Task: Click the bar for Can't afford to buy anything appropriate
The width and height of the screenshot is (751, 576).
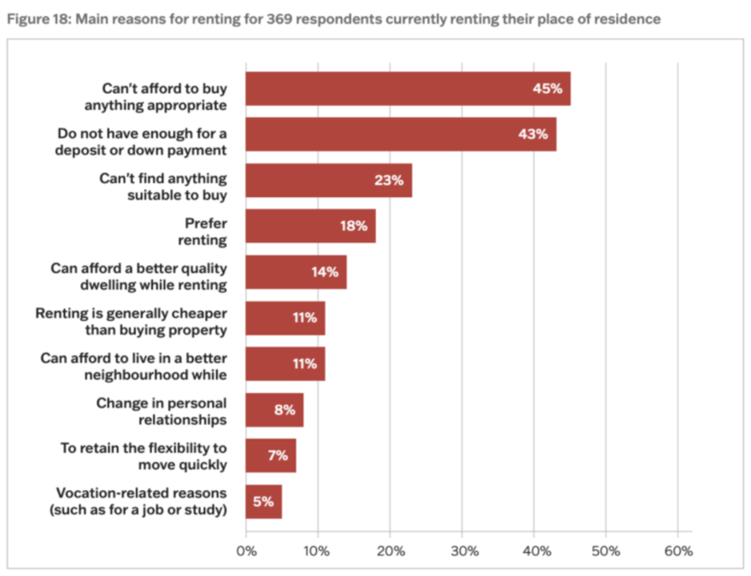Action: pos(384,89)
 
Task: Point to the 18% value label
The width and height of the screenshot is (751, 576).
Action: pos(353,226)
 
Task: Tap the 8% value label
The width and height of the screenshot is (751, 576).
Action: pos(285,410)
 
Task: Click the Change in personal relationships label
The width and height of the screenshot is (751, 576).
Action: pos(161,410)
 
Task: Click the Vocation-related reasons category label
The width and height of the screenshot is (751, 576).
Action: pos(141,502)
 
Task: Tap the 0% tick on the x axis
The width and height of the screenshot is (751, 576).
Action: pos(246,550)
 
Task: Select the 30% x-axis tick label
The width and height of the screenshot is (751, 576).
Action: pos(462,550)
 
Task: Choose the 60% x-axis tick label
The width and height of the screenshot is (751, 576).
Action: pos(678,550)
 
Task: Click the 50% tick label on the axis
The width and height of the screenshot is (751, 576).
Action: pos(606,550)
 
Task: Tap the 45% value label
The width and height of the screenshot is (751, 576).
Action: pos(547,88)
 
